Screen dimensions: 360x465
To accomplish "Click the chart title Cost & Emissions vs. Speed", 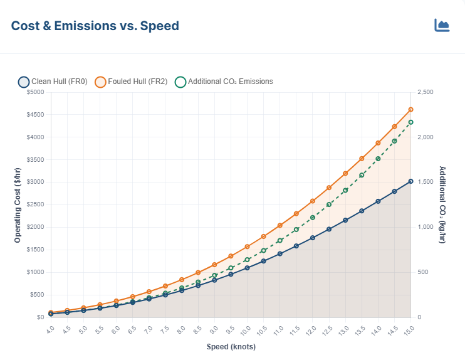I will [95, 26].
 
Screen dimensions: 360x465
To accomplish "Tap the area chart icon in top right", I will [442, 25].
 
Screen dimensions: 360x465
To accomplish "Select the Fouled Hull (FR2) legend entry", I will [130, 82].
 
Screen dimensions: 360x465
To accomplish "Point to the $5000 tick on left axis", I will [35, 93].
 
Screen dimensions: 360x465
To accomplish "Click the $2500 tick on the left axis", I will [35, 205].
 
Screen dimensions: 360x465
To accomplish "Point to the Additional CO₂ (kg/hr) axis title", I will [442, 204].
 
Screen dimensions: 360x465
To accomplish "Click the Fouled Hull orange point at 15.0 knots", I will [410, 109].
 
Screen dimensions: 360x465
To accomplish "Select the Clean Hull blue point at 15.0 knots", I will [410, 181].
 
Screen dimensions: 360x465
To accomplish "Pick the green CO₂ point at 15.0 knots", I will [410, 122].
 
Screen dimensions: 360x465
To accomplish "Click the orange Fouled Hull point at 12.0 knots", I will [313, 201].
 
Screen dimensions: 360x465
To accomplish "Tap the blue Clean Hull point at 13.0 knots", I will [345, 220].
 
